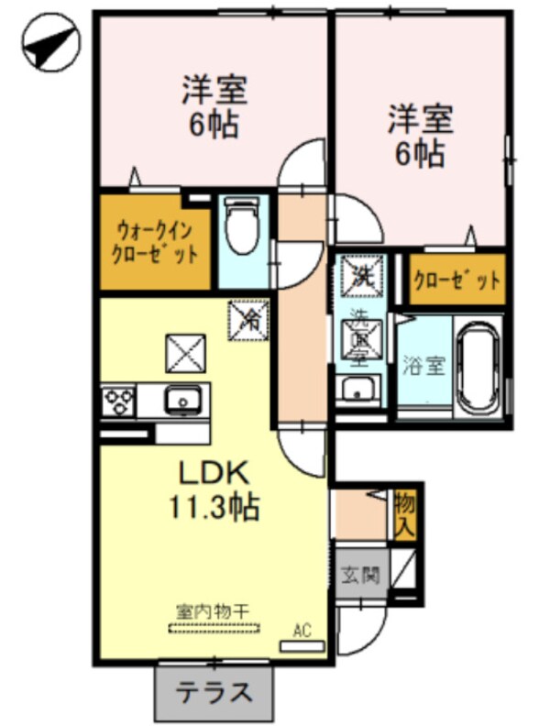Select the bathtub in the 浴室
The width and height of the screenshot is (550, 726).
coord(478,368)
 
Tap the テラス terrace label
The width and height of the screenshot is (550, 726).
coord(214,691)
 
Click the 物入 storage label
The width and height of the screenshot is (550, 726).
coord(405,514)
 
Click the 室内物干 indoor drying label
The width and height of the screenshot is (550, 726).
coord(214,610)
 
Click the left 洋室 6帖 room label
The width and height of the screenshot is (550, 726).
coord(213,107)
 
